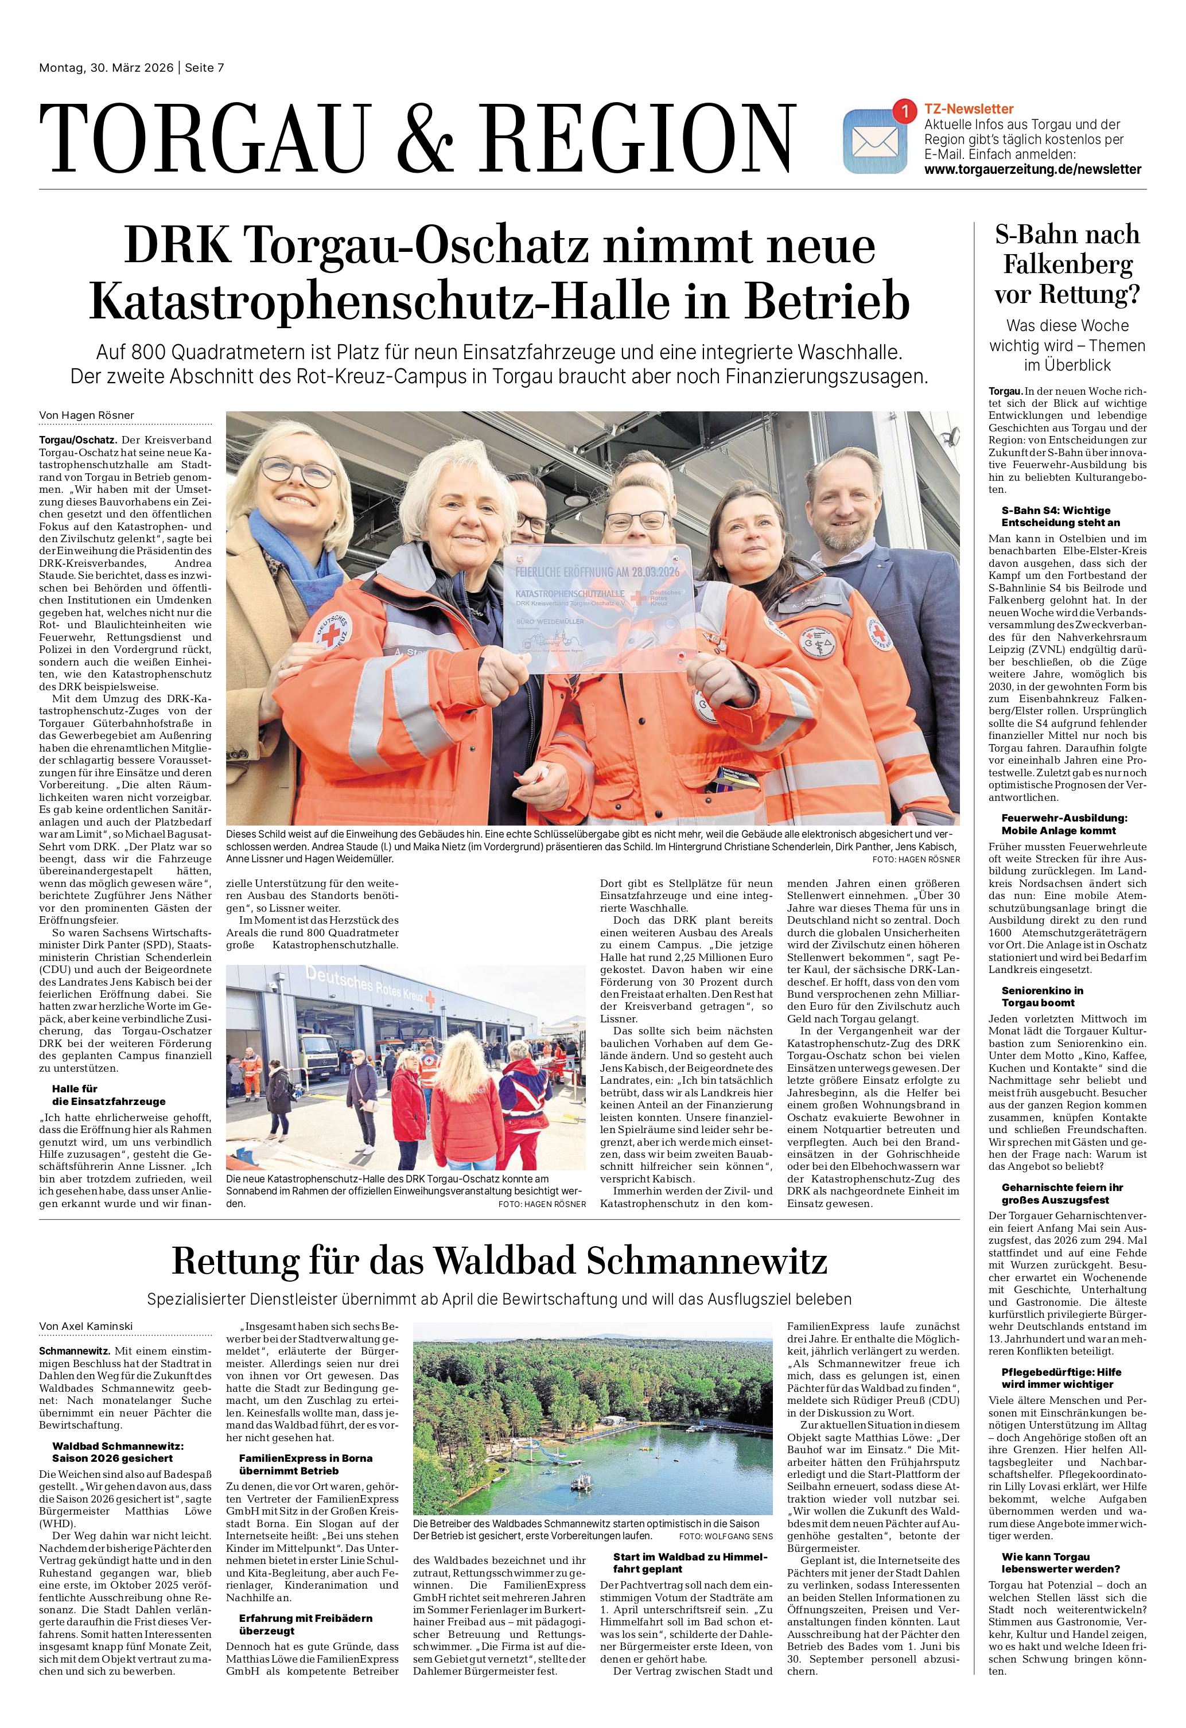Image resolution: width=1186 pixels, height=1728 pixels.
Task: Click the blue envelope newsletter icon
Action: [x=874, y=141]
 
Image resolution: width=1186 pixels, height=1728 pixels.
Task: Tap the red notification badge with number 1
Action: [x=904, y=111]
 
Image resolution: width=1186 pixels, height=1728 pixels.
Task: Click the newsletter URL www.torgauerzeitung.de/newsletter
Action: [x=1032, y=169]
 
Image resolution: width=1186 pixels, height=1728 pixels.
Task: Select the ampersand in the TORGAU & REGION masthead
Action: [x=424, y=139]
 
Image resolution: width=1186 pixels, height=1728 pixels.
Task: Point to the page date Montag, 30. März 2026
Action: [x=106, y=68]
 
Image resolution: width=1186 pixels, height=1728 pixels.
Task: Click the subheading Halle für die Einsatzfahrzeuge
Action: [x=108, y=1095]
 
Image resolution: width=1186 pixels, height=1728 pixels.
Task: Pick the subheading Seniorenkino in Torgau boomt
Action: [x=1042, y=997]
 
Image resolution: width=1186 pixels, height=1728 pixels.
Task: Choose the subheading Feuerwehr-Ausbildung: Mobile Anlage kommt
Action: [x=1058, y=824]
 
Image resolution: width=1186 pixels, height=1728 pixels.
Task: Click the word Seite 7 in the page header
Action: [x=204, y=68]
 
